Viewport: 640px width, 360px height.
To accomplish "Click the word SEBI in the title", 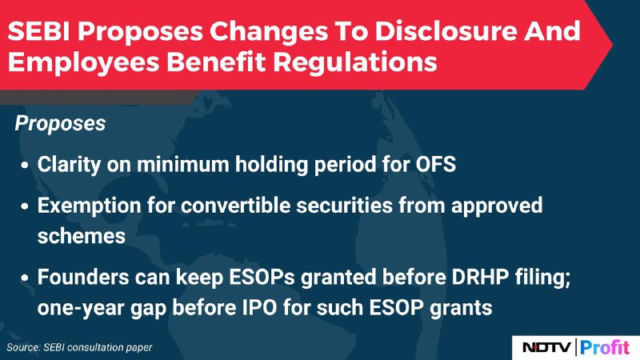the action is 38,31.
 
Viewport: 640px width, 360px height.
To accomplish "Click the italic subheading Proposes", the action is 60,124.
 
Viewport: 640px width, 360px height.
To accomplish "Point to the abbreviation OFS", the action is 435,165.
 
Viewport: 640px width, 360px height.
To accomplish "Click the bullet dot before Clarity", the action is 26,166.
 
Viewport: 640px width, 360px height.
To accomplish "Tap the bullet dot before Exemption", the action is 26,206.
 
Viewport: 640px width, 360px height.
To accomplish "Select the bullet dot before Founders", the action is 26,278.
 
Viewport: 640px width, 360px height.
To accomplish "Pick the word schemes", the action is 82,236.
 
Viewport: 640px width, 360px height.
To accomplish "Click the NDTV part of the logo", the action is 546,347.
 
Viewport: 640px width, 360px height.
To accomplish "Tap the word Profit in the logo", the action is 605,347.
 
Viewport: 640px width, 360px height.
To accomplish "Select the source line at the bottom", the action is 79,348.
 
